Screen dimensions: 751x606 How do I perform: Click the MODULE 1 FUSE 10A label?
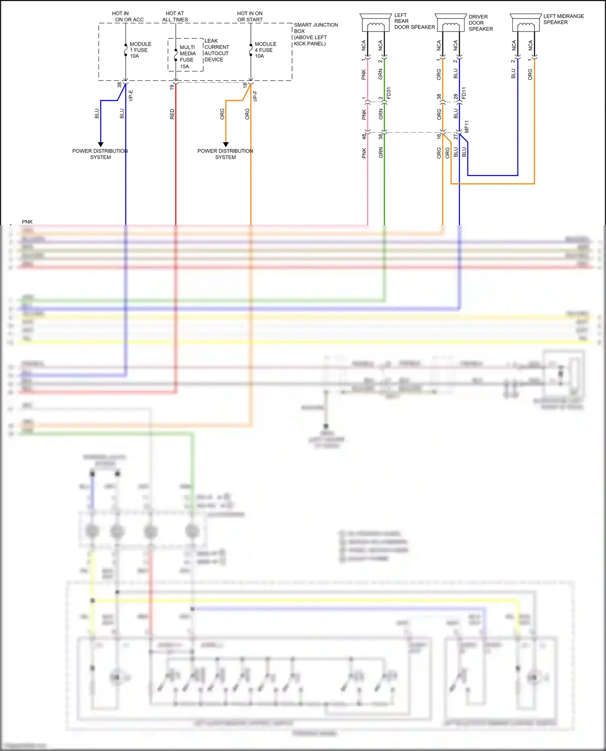140,50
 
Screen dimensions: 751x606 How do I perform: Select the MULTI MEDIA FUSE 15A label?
187,56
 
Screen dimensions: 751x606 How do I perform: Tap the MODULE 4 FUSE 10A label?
265,50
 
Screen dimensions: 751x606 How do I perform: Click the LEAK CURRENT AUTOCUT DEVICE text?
217,50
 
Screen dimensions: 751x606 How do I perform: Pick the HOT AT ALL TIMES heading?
175,17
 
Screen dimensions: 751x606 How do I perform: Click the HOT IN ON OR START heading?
250,17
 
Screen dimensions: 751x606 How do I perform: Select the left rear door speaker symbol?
376,23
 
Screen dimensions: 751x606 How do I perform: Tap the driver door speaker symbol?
451,23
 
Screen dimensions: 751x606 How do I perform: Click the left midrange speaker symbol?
526,23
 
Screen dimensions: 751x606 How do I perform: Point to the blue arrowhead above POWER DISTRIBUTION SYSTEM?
101,144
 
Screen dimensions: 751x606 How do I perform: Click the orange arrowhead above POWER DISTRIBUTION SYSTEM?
226,144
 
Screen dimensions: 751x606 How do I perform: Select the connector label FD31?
389,93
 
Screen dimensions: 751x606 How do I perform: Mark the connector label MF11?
467,126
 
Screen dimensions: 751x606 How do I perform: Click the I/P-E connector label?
131,96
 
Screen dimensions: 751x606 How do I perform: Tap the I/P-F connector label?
255,96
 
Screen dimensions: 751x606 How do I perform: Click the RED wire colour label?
172,114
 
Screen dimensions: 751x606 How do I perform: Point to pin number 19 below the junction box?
172,86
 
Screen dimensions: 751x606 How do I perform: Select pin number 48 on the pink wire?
364,137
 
